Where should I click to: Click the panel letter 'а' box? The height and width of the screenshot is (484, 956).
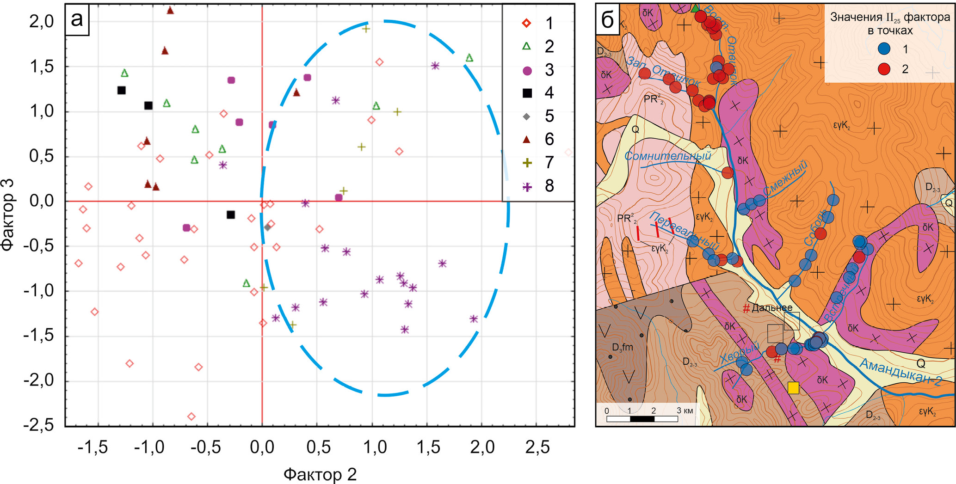(x=77, y=20)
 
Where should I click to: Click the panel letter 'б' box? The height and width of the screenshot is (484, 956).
(x=607, y=20)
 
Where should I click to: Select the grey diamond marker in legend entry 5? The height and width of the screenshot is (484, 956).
(x=526, y=116)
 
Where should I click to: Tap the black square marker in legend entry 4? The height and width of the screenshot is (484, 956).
(x=527, y=93)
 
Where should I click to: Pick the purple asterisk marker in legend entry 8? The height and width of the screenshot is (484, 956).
(x=527, y=187)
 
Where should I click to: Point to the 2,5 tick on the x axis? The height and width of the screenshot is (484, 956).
(x=537, y=447)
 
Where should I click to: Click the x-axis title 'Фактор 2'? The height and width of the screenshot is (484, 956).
(x=320, y=474)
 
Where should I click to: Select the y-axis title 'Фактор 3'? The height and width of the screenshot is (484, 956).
(x=8, y=214)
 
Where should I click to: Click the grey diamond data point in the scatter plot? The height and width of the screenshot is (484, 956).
(x=267, y=227)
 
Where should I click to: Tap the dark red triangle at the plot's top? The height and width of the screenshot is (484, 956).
(x=170, y=10)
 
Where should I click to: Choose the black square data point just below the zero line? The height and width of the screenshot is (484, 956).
(x=231, y=215)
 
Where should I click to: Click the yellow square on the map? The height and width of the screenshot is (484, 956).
(x=793, y=388)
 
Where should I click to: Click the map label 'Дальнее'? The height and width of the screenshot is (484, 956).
(x=772, y=307)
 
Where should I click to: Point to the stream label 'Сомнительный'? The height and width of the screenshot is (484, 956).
(x=667, y=156)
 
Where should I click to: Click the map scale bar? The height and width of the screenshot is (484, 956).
(x=642, y=419)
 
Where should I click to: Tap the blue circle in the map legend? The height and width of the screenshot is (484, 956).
(x=884, y=49)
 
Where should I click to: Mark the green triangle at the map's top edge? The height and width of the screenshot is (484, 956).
(x=695, y=8)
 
